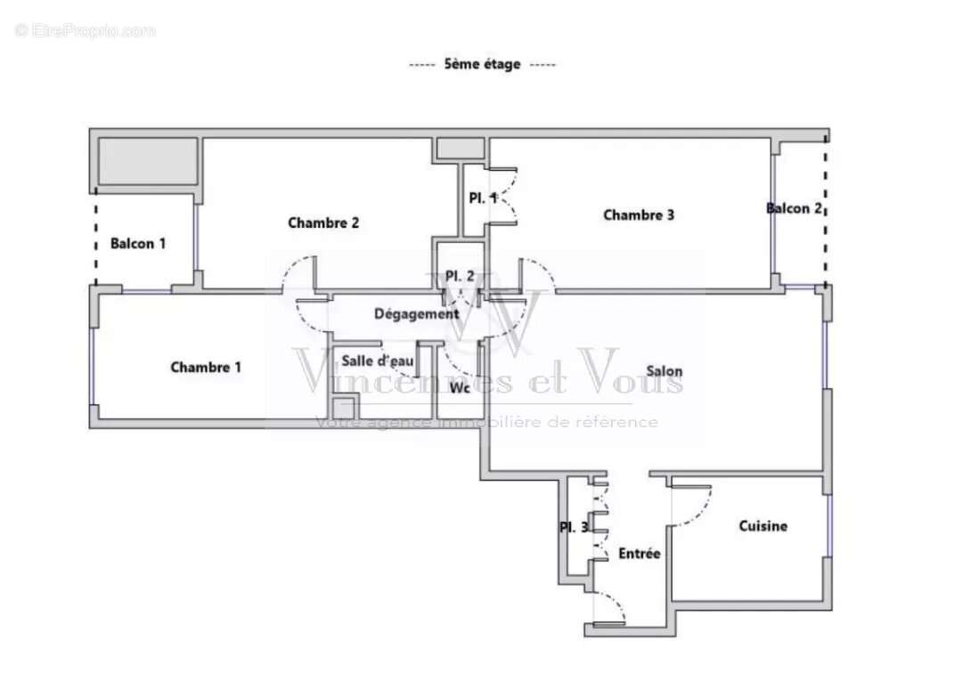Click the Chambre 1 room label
tap(206, 367)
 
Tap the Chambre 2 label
tap(323, 223)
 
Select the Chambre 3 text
tap(639, 215)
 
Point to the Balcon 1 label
tap(138, 243)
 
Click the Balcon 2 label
tap(794, 208)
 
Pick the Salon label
tap(665, 371)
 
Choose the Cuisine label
tap(763, 526)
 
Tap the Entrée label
tap(640, 554)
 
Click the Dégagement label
tap(416, 313)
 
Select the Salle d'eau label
tap(378, 361)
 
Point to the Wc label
tap(460, 388)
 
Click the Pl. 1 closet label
tap(483, 199)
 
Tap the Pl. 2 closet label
tap(460, 276)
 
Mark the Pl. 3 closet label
tap(574, 527)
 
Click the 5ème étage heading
tap(482, 64)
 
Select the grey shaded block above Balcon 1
tap(147, 161)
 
